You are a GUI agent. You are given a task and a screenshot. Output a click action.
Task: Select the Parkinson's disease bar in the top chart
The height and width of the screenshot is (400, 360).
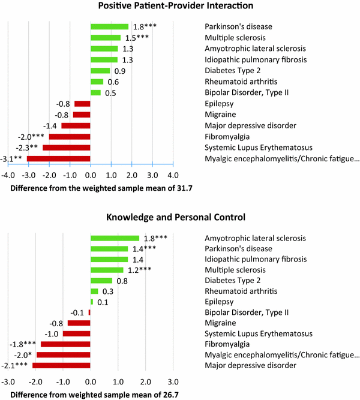click(109, 27)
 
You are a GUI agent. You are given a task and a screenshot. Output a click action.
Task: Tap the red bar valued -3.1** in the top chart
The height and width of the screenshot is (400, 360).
click(59, 158)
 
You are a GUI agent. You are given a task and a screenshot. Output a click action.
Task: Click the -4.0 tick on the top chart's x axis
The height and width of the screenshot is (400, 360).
click(8, 176)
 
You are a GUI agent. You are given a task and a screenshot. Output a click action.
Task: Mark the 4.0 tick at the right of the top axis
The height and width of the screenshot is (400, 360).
click(172, 176)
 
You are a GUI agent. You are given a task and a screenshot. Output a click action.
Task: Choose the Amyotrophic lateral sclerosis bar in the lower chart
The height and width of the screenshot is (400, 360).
click(115, 238)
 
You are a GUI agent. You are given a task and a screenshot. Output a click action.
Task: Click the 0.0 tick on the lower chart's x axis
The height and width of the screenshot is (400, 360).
click(90, 381)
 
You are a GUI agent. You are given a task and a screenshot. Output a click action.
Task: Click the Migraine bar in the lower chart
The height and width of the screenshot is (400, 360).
click(79, 323)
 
